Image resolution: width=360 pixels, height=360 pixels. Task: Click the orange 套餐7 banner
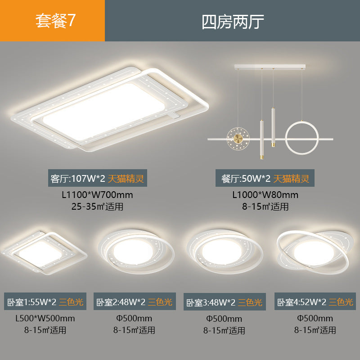(x=52, y=21)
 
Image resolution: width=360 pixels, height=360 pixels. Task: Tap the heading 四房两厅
(x=232, y=21)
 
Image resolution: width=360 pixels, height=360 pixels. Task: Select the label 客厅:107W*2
(x=77, y=179)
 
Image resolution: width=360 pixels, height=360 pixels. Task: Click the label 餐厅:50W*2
(x=243, y=179)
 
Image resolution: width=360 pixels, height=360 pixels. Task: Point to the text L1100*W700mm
(x=97, y=195)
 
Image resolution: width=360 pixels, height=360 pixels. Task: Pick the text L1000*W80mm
(x=265, y=195)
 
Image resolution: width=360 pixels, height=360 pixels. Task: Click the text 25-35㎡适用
(x=97, y=207)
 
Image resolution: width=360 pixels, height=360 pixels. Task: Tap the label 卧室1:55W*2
(x=31, y=302)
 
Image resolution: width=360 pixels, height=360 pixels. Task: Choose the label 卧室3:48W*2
(x=210, y=302)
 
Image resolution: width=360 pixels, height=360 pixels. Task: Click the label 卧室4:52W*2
(x=301, y=302)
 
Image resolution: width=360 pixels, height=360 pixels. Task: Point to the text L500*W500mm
(x=45, y=319)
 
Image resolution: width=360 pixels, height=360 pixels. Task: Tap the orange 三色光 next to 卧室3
(x=250, y=302)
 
